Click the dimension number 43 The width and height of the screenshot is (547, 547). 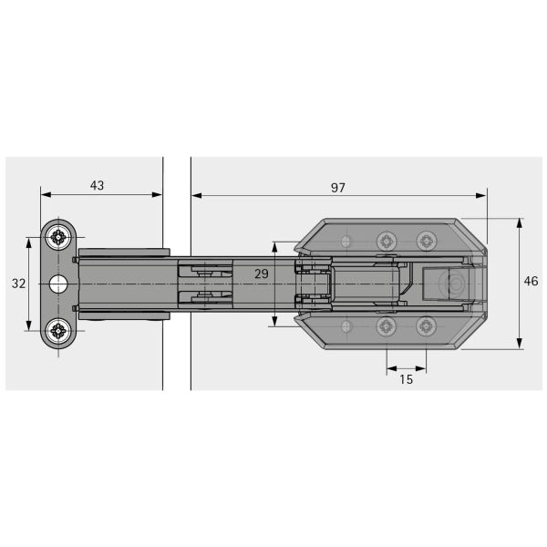pyautogui.click(x=97, y=185)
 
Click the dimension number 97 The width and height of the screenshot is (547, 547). pyautogui.click(x=337, y=188)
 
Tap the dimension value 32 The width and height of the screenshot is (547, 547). pyautogui.click(x=18, y=284)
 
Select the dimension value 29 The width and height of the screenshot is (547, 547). pyautogui.click(x=262, y=273)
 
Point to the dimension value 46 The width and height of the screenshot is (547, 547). pyautogui.click(x=531, y=281)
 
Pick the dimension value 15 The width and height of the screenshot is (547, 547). pyautogui.click(x=406, y=379)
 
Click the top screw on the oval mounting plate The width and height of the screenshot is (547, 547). pyautogui.click(x=58, y=237)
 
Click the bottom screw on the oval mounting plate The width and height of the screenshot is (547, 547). pyautogui.click(x=58, y=330)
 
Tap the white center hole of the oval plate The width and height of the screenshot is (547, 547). pyautogui.click(x=58, y=284)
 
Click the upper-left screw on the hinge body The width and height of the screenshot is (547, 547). pyautogui.click(x=387, y=241)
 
